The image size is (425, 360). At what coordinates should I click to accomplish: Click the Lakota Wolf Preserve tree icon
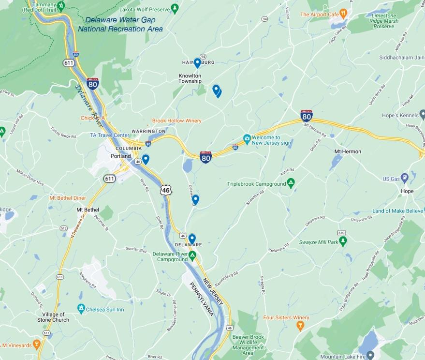point(175,9)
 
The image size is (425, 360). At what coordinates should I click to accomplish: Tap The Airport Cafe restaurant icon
point(343,13)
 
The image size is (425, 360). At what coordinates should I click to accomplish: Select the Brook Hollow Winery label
point(176,120)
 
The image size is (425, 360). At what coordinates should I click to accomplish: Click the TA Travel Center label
point(109,135)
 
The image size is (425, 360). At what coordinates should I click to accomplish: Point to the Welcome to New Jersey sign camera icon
point(247,139)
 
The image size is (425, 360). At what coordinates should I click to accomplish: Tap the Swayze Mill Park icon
point(343,240)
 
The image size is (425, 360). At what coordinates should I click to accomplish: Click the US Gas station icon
point(405,178)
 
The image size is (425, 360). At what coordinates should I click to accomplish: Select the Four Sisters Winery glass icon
point(300,327)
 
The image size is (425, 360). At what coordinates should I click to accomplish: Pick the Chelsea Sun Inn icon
point(81,308)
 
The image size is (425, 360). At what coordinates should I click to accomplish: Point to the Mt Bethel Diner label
point(67,198)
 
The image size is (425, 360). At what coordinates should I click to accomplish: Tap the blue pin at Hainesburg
point(197,63)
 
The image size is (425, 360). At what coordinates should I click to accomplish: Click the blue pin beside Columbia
point(145,159)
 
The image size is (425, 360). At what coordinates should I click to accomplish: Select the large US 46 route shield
point(166,190)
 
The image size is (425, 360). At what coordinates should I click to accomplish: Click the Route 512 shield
point(63,228)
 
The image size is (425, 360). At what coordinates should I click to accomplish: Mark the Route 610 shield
point(343,232)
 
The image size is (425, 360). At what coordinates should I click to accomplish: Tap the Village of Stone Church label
point(53,317)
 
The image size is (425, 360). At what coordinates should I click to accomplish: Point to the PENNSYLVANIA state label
point(202,299)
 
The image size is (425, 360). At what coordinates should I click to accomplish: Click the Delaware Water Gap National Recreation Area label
point(120,24)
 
